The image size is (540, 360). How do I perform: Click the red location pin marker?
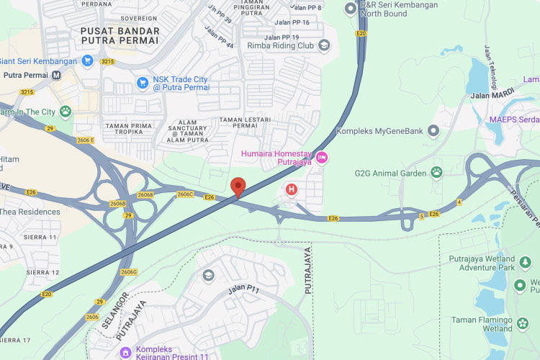tap(239, 186)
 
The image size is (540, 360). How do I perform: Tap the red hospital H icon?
tap(292, 189)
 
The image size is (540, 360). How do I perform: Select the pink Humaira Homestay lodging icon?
tap(322, 157)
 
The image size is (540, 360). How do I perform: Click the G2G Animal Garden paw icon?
tap(436, 172)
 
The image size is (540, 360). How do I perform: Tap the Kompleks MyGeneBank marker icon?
tap(433, 131)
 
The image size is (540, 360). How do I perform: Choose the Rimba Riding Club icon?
tap(324, 45)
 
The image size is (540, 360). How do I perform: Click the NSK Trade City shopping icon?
tap(143, 83)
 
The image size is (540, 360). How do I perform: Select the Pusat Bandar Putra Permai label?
tap(120, 35)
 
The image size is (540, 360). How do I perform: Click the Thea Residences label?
tap(30, 212)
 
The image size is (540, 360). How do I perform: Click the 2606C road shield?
tap(184, 194)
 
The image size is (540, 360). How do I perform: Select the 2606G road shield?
tap(129, 272)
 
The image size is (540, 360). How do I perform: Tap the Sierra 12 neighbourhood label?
tap(42, 272)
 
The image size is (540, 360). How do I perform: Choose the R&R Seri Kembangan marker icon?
tap(351, 9)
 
